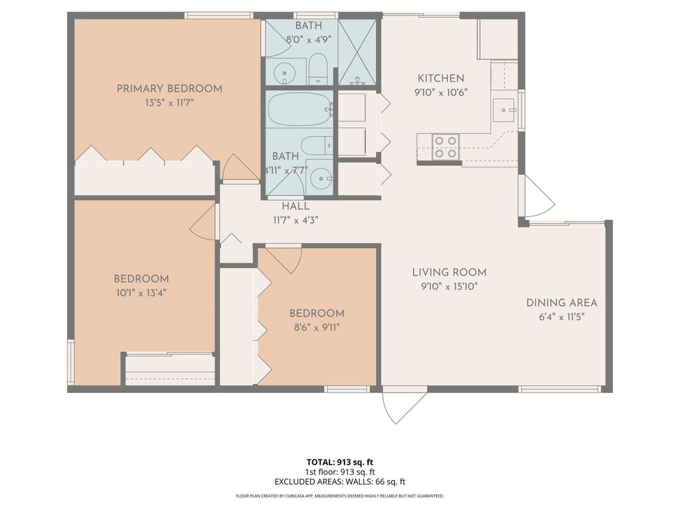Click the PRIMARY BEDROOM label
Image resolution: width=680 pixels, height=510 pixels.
(x=169, y=88)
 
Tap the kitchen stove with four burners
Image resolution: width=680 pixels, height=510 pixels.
(x=446, y=147)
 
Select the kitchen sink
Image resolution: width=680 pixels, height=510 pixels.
(x=503, y=108)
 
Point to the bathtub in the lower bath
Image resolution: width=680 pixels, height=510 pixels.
(x=299, y=109)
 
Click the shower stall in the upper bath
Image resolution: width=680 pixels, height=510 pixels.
(x=357, y=52)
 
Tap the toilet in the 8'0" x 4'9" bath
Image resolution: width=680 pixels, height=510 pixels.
(x=318, y=70)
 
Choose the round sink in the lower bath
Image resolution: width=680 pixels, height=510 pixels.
(x=322, y=178)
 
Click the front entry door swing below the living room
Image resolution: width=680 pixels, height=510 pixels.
(x=402, y=406)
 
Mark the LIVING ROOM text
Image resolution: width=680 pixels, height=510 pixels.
(x=449, y=272)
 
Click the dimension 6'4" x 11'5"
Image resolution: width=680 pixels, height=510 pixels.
(x=562, y=317)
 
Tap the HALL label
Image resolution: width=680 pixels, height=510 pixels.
(x=296, y=207)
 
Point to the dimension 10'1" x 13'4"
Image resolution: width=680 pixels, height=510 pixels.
(x=141, y=292)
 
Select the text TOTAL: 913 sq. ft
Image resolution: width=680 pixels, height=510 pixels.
(x=339, y=462)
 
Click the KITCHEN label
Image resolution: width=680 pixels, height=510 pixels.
(x=440, y=78)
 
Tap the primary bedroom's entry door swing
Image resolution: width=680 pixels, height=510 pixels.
(x=238, y=169)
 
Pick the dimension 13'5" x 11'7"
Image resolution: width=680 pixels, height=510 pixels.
(x=169, y=103)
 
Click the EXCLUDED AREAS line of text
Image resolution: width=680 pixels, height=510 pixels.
(x=339, y=482)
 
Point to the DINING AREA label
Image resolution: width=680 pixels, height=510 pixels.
(x=562, y=303)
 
